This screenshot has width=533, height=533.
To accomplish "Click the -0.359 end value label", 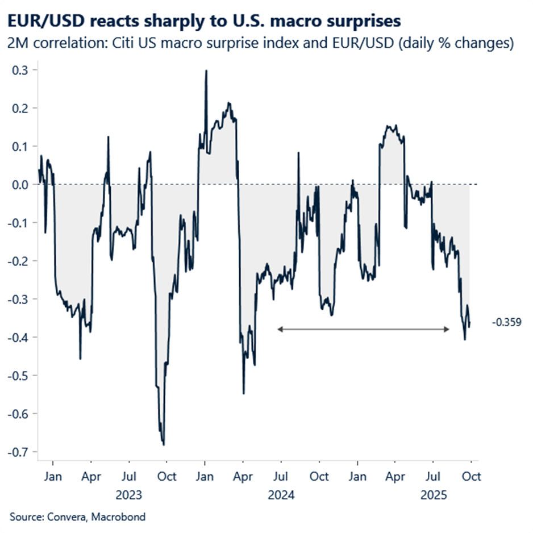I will tap(507, 323).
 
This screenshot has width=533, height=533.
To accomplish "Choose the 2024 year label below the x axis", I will tap(282, 495).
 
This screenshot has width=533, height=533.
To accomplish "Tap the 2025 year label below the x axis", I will tap(434, 495).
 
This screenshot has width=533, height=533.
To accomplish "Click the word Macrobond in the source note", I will tap(120, 517).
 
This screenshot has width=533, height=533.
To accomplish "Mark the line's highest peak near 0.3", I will tap(206, 70).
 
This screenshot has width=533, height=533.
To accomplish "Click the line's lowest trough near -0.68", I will tap(164, 444).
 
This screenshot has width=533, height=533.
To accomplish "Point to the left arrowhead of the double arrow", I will tap(278, 328).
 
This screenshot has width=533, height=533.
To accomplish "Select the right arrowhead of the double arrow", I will tap(448, 328).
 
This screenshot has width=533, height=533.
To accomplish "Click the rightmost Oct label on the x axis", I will tap(472, 476).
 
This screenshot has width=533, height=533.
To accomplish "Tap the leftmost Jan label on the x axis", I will tap(53, 476).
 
